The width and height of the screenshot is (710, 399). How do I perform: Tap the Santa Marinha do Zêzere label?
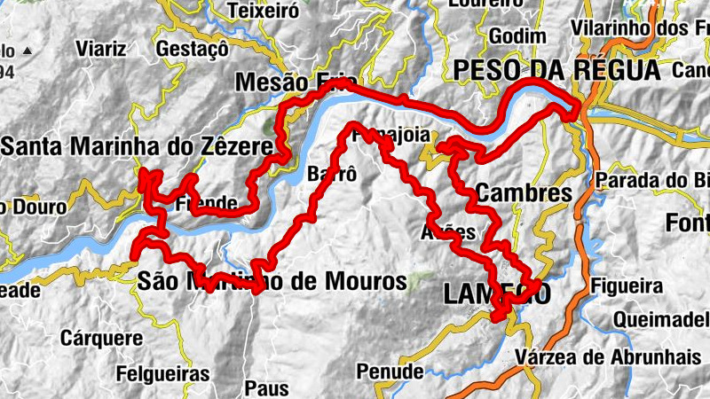[136, 145]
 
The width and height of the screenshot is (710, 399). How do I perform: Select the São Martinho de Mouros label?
[272, 282]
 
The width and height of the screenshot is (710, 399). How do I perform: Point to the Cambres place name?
[524, 192]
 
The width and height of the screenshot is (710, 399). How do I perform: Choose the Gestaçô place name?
[193, 48]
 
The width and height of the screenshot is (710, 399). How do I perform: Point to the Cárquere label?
[101, 338]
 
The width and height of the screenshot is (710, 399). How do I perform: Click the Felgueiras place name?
[168, 374]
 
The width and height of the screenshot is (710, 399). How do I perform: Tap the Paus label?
[267, 388]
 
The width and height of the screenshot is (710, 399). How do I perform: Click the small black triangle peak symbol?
[27, 50]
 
